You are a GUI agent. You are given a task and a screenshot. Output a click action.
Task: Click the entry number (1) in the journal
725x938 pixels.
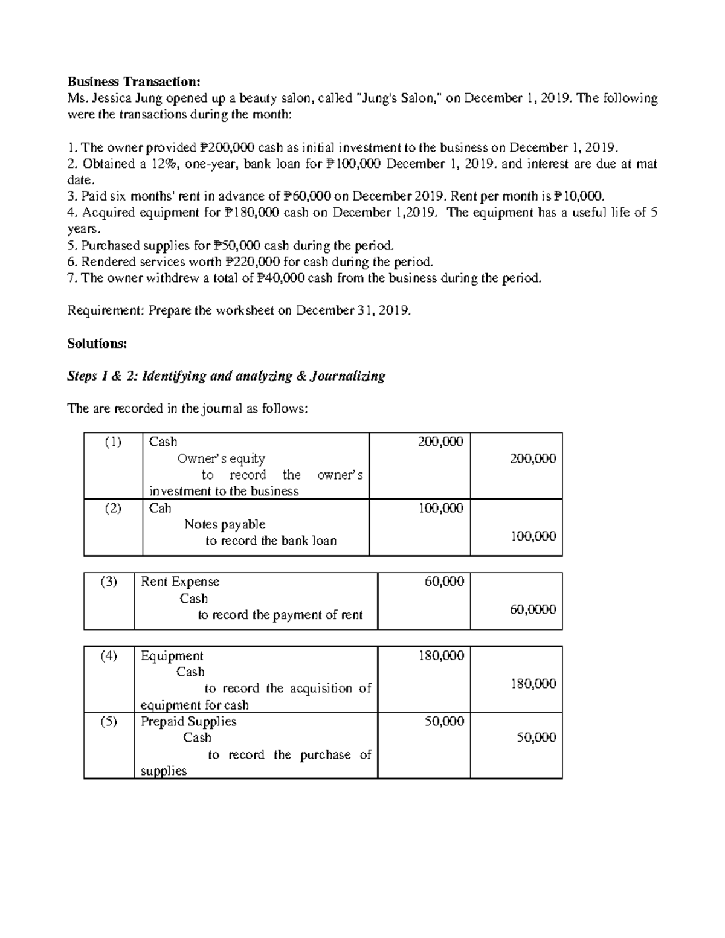click(x=112, y=442)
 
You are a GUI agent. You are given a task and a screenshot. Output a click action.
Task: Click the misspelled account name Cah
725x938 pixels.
click(x=160, y=509)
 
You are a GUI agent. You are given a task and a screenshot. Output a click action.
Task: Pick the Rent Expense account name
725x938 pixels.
click(x=180, y=582)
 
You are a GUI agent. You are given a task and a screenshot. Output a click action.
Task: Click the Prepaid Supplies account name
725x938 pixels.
click(x=188, y=722)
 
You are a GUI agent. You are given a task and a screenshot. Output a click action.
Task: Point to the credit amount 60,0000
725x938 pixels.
click(x=533, y=610)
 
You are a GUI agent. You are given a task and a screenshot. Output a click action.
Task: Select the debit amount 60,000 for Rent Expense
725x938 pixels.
click(x=444, y=582)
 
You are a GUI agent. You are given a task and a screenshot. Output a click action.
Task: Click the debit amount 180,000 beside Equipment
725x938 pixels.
click(x=441, y=656)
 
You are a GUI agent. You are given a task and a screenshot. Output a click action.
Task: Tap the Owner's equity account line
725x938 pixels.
click(x=221, y=459)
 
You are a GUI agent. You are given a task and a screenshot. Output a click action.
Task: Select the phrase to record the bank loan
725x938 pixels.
click(x=271, y=541)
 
